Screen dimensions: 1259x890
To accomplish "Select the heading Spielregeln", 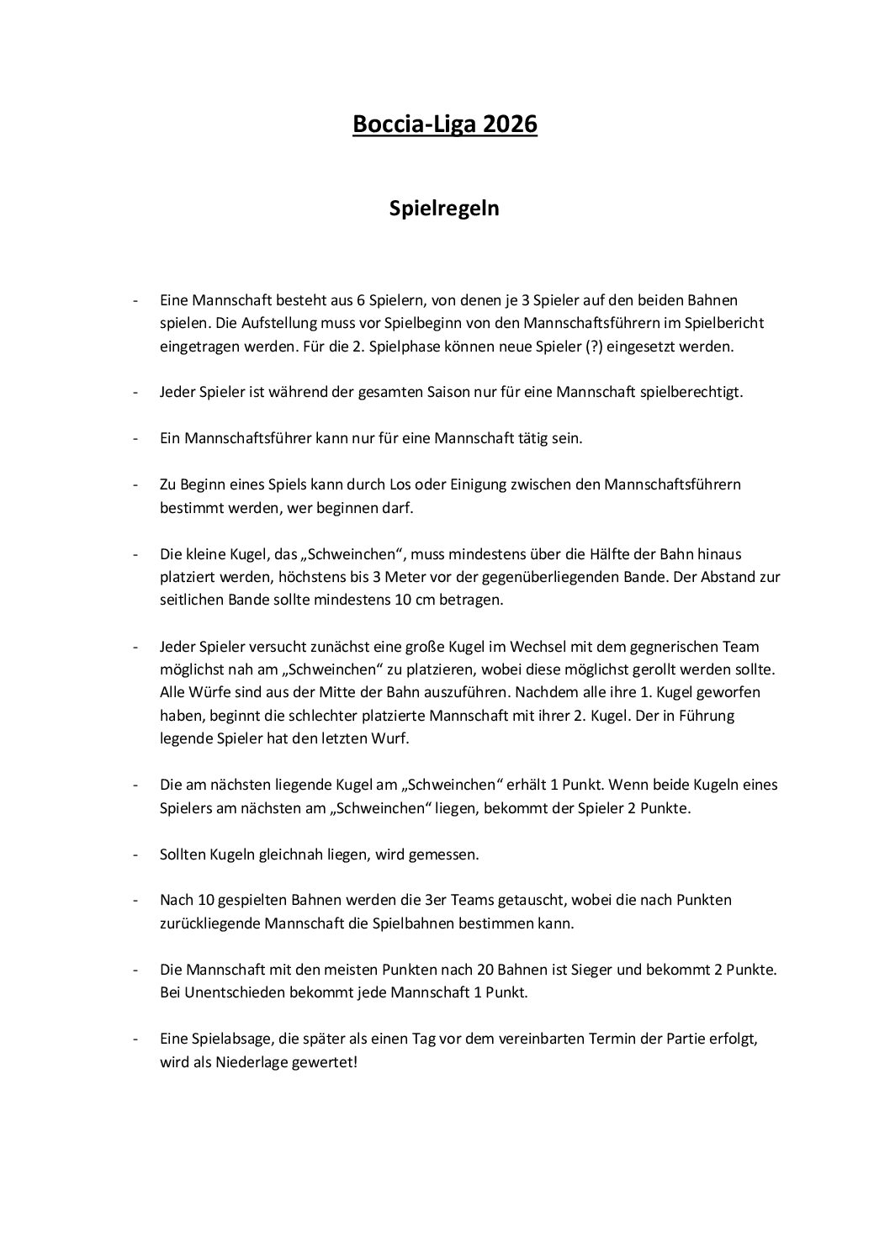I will pos(444,208).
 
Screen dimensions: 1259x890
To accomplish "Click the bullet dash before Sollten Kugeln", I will pos(135,854).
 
